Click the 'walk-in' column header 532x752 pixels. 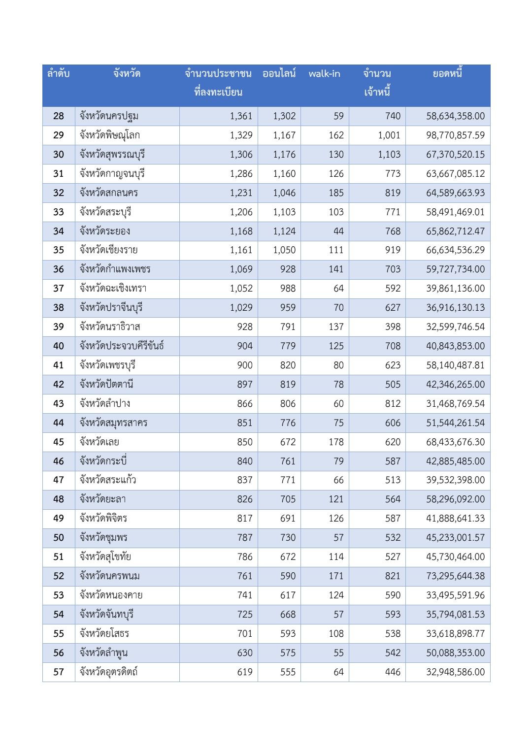point(324,74)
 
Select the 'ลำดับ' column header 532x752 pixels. point(58,74)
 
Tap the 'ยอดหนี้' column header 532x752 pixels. point(447,74)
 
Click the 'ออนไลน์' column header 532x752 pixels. point(279,74)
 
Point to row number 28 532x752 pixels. point(59,116)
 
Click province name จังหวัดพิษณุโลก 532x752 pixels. point(110,135)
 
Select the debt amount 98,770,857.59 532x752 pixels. point(455,135)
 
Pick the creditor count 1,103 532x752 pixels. point(389,155)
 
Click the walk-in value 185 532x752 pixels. point(336,193)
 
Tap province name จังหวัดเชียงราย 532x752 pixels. point(109,250)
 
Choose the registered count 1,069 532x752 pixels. point(241,269)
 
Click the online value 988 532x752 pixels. point(288,289)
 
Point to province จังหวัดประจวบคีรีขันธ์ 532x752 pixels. point(122,346)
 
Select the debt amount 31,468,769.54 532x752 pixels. point(455,404)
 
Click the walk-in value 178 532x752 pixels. point(336,442)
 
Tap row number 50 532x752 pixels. point(59,538)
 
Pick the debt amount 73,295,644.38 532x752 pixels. point(455,576)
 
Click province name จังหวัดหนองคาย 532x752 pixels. point(111,595)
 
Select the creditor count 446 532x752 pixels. point(393,672)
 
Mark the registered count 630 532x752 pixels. point(245,653)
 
